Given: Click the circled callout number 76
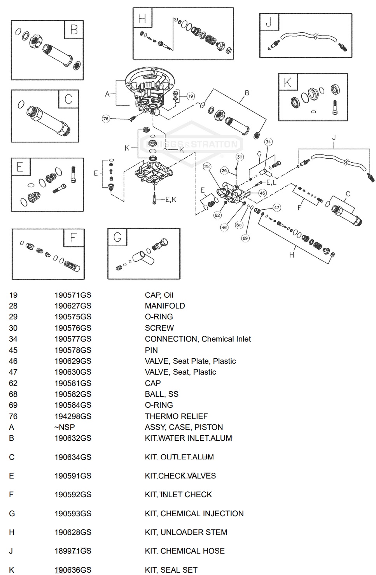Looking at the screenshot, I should tap(106, 119).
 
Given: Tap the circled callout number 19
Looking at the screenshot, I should tap(190, 96).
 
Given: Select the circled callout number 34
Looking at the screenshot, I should tap(268, 142).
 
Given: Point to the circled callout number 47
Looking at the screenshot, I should tap(276, 207).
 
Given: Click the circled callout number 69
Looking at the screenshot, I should tap(245, 238).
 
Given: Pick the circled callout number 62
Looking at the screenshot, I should tap(217, 215).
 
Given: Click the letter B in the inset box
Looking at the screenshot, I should tap(73, 30).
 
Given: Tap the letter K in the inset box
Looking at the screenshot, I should tap(287, 82).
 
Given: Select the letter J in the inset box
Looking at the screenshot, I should tap(269, 23).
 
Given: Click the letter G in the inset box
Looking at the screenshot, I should tap(117, 237).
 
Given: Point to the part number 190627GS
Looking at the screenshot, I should tap(73, 306).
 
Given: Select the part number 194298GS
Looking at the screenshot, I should tap(73, 416).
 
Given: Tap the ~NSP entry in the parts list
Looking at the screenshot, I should tap(65, 427).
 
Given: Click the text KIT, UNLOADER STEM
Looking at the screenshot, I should tap(186, 532).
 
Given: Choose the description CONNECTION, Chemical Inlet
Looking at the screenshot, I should tap(198, 339).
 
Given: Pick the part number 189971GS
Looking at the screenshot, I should tap(73, 551).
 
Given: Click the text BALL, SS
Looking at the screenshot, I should tap(161, 394).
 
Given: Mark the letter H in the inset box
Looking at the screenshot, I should tap(142, 18).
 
